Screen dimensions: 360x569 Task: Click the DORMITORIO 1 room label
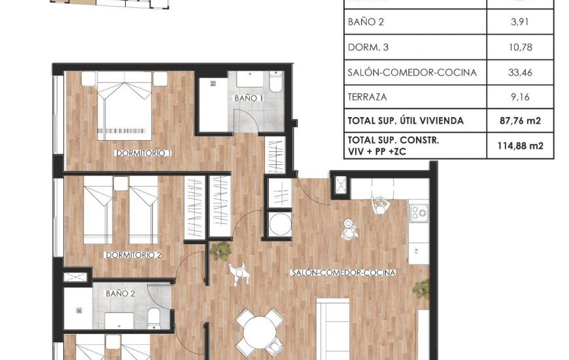[143, 153]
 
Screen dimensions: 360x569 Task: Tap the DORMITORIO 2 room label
[133, 255]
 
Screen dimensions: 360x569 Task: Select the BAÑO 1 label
[249, 98]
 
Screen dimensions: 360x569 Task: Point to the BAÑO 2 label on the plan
[120, 294]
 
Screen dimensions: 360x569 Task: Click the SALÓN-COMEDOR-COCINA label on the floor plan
[343, 272]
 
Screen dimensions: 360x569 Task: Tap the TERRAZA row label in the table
[368, 97]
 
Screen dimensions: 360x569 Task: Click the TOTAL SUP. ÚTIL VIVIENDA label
[406, 120]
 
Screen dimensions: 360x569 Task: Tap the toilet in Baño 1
[275, 82]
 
